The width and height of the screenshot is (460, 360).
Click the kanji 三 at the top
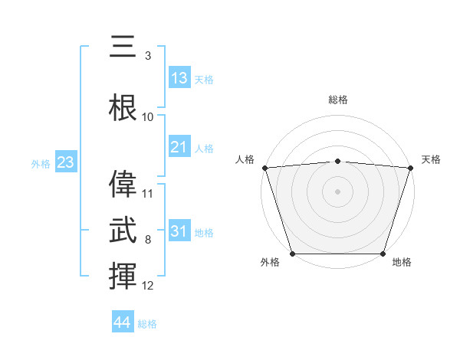(x=123, y=47)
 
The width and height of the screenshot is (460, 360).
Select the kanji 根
(x=123, y=106)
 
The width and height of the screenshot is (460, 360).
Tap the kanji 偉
(x=123, y=185)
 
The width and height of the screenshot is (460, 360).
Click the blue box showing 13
(x=179, y=78)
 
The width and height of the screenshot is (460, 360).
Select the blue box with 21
(x=179, y=147)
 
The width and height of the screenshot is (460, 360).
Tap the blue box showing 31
(x=179, y=231)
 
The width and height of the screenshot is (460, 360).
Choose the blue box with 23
(x=65, y=162)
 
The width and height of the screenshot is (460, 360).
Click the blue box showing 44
(x=123, y=322)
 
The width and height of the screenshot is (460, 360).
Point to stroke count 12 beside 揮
(x=148, y=286)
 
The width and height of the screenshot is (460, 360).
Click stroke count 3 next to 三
(x=147, y=56)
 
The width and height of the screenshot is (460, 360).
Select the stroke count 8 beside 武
(x=147, y=241)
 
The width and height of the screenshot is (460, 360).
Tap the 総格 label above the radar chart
(x=337, y=100)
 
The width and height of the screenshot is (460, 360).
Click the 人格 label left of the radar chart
(x=245, y=159)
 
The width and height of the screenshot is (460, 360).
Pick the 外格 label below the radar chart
(x=270, y=263)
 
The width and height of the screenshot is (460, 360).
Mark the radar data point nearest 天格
(x=410, y=168)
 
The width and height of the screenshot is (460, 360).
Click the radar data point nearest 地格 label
(x=383, y=254)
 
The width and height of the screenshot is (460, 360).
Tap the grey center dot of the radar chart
(x=337, y=191)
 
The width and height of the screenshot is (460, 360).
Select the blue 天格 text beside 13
(x=204, y=80)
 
